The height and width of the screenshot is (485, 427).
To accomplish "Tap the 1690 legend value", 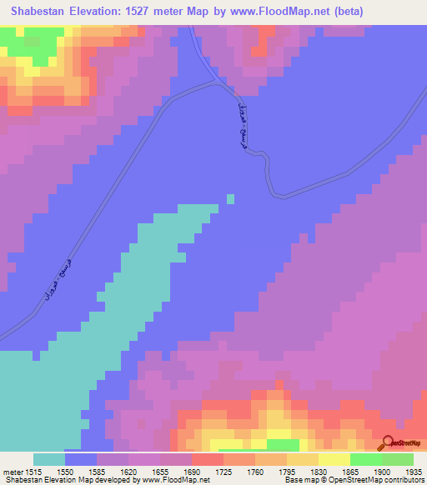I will pyautogui.click(x=192, y=471).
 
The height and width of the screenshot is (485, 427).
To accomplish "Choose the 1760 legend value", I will pyautogui.click(x=255, y=471).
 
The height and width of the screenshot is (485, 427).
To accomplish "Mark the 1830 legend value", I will pyautogui.click(x=319, y=471).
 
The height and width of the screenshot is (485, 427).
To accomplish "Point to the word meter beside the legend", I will pyautogui.click(x=12, y=471).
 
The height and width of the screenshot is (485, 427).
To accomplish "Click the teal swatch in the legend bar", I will pyautogui.click(x=49, y=459).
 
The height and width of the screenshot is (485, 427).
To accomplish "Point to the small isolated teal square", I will pyautogui.click(x=230, y=198).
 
